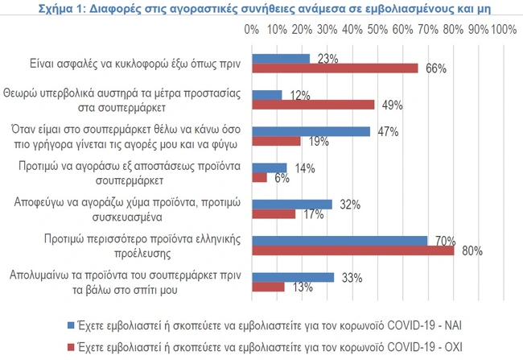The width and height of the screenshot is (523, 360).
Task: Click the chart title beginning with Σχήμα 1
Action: coord(261,9)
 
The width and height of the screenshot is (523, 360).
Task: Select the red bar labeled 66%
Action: coord(336,68)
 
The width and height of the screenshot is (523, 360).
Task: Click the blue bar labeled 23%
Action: coord(281,58)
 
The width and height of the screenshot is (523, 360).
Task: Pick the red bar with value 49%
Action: coord(314,105)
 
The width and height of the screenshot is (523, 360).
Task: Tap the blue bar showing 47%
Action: coord(311,131)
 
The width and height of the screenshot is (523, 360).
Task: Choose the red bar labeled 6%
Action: coord(260,177)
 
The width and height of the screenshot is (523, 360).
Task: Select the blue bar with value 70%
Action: coord(340,240)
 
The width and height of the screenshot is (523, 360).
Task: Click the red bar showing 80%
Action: coord(353,250)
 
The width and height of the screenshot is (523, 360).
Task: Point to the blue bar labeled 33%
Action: coord(294,277)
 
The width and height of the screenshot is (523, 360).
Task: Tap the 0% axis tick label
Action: coord(251,30)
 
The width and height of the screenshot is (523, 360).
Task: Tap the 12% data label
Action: coord(301,95)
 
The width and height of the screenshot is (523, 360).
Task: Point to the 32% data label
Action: coord(349,204)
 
